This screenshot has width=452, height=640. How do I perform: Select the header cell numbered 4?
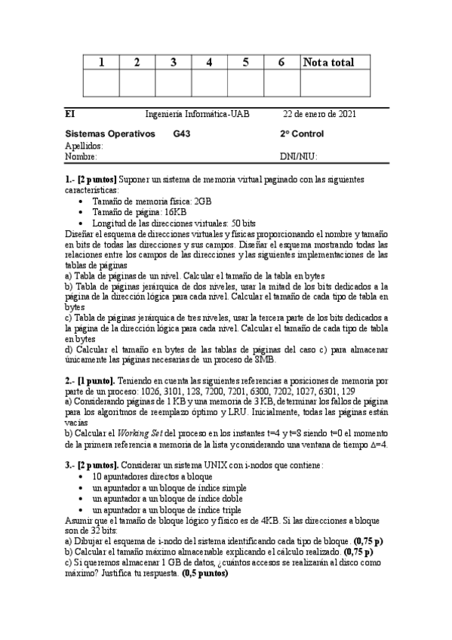208,63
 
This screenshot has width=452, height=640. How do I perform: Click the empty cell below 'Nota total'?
335,83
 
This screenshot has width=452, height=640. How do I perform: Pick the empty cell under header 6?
281,83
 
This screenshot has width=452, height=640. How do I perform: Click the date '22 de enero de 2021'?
320,114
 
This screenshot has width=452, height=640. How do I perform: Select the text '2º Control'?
302,134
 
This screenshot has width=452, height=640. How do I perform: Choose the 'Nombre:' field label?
81,156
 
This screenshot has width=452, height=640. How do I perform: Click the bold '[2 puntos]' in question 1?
97,180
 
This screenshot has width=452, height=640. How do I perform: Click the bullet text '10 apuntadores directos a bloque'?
153,478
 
